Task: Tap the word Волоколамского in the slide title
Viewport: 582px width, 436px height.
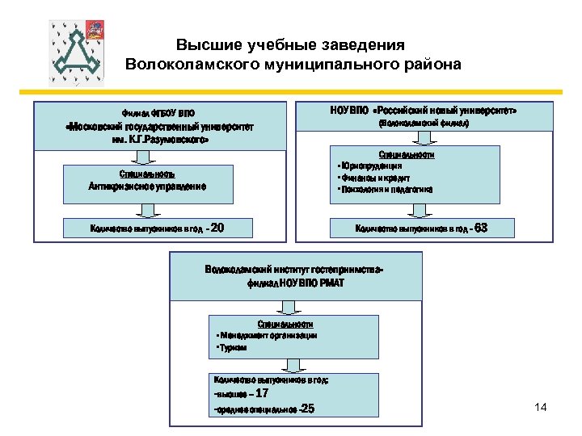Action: pos(197,64)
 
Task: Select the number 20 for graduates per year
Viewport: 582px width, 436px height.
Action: pos(216,228)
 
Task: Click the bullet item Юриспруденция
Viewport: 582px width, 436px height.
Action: pos(371,166)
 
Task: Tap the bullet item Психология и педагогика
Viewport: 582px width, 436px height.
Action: pos(386,190)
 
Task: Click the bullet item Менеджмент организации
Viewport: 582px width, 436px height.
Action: pos(268,334)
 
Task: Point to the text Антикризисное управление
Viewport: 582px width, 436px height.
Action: pos(147,186)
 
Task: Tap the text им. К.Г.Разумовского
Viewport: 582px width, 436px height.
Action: pos(160,140)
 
